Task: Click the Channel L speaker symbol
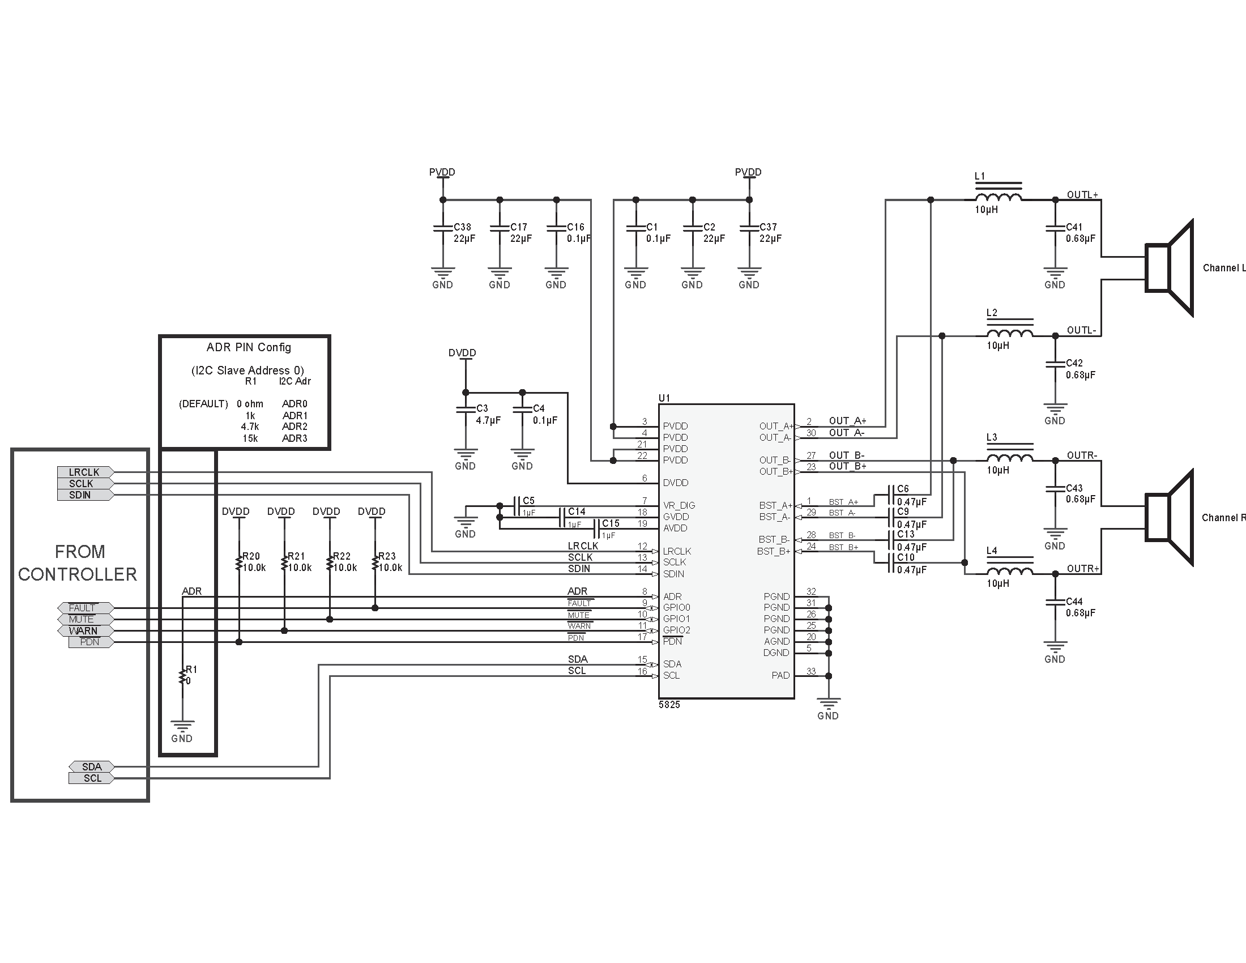click(1169, 268)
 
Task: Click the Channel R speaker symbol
click(1169, 517)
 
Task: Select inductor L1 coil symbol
click(998, 197)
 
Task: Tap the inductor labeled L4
click(1009, 571)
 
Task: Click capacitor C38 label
click(462, 227)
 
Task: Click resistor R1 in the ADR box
click(182, 676)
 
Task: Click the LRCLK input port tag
click(85, 472)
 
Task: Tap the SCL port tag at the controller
click(91, 778)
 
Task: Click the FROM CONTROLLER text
click(78, 563)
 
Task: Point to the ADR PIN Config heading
click(249, 347)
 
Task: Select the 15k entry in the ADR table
click(250, 438)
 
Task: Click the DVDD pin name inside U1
click(676, 483)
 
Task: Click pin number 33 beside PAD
click(810, 671)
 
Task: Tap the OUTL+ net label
click(1082, 195)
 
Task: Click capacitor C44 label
click(1074, 601)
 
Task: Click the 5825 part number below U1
click(669, 705)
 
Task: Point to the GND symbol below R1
click(182, 728)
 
